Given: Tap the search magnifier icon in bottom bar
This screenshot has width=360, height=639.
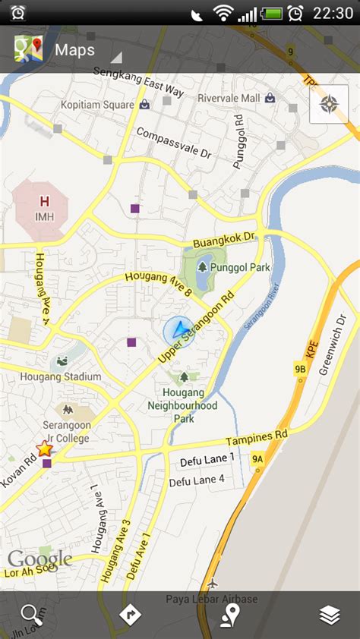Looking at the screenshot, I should click(29, 615).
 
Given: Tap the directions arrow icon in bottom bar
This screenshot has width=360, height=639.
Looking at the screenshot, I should click(130, 615).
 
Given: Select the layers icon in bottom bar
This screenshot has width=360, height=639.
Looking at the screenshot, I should click(330, 615).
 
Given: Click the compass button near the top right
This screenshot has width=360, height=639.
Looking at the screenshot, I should click(329, 104).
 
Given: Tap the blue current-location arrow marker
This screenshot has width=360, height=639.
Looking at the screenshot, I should click(178, 329).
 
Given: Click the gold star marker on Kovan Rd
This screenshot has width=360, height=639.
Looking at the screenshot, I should click(45, 449).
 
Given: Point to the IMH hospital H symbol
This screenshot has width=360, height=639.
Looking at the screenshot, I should click(44, 202).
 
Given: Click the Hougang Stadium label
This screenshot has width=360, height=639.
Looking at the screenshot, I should click(61, 376).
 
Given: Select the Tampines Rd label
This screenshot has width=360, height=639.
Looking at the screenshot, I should click(257, 439).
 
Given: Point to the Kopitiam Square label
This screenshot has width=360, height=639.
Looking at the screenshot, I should click(97, 104).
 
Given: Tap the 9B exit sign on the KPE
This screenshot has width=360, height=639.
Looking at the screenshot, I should click(300, 370).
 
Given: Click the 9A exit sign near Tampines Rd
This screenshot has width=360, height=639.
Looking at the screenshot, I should click(258, 458).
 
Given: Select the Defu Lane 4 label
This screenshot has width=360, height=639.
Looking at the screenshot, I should click(197, 480).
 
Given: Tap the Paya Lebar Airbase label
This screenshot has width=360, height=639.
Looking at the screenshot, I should click(212, 599).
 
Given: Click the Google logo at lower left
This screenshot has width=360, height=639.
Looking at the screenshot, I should click(39, 560).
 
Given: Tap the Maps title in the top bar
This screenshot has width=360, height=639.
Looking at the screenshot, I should click(74, 50).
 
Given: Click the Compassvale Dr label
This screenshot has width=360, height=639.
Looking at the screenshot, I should click(173, 142).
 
